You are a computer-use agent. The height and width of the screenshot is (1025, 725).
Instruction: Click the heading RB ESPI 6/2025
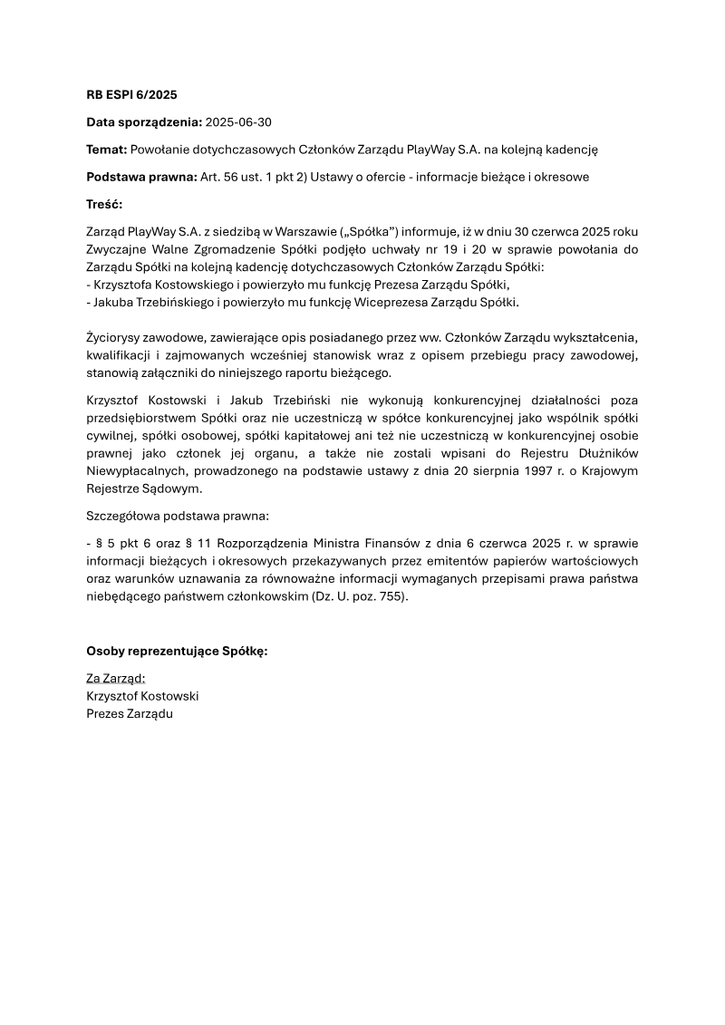[131, 94]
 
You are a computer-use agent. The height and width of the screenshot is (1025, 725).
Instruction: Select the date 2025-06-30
[238, 121]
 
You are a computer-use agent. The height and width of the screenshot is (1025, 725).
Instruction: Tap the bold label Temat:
[107, 149]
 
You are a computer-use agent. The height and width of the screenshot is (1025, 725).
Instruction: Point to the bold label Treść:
[104, 204]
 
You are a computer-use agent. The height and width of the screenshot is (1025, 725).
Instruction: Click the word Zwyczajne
[116, 250]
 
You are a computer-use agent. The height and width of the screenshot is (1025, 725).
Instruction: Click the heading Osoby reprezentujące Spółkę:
[177, 651]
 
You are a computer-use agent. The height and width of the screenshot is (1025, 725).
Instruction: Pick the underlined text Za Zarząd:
[115, 678]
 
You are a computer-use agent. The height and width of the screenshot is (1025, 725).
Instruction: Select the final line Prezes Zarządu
[129, 713]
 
